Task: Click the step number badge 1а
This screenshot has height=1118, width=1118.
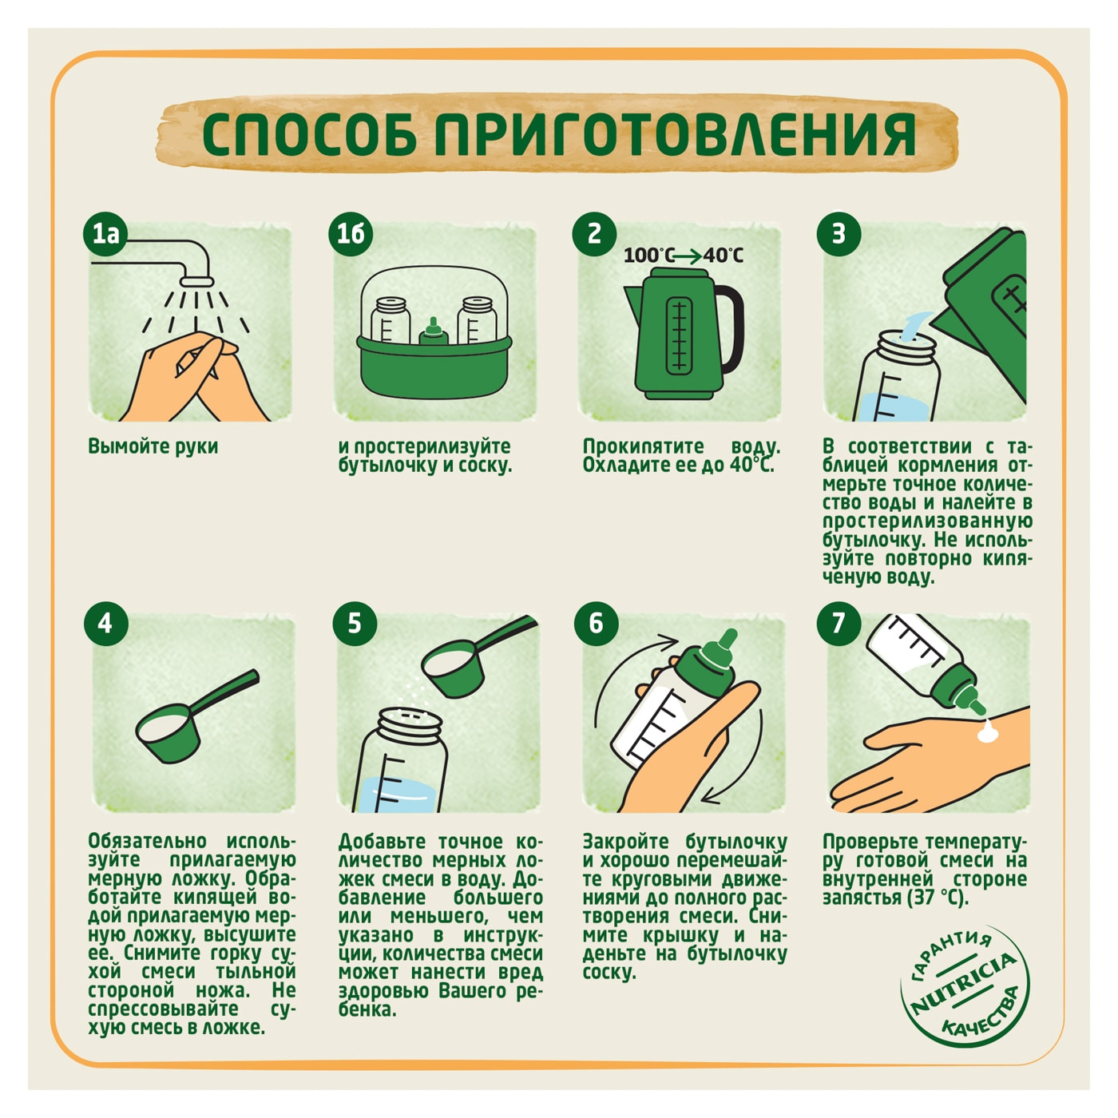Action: (x=105, y=234)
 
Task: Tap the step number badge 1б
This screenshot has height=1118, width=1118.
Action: (x=351, y=234)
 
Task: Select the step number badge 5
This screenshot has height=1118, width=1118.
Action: (x=355, y=623)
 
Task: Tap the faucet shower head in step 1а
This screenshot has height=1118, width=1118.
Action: (x=195, y=280)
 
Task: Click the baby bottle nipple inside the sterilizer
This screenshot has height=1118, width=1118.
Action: (x=433, y=329)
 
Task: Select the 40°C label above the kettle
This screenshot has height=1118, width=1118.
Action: (x=724, y=256)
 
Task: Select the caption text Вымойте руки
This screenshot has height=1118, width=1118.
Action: (x=153, y=446)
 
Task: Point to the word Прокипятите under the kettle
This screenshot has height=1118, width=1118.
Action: (x=643, y=446)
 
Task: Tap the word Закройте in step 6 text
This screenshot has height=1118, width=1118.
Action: (x=627, y=842)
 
